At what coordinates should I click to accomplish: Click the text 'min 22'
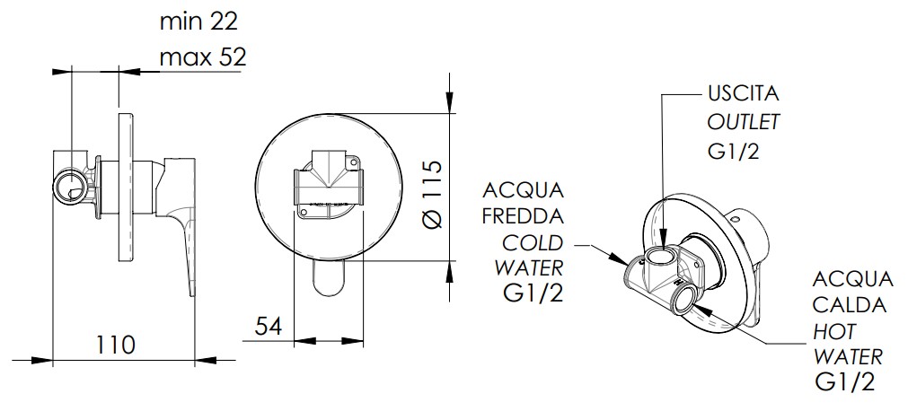click(198, 22)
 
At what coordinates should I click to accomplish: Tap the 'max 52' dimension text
click(203, 57)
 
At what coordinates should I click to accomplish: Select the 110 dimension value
click(115, 345)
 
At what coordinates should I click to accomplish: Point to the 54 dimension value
click(269, 326)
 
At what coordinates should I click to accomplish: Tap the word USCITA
click(744, 94)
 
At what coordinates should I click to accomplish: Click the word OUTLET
click(744, 122)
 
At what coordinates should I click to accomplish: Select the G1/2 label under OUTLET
click(733, 151)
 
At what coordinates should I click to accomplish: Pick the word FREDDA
click(523, 216)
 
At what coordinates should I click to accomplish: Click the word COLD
click(533, 242)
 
